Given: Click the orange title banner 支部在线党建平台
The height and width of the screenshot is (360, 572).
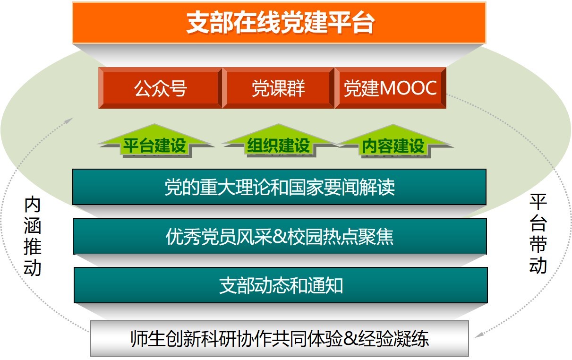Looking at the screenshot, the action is pos(279,23).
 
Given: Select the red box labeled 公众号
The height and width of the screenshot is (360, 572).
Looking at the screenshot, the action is pos(160,88).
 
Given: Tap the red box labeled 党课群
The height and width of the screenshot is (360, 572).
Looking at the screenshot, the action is pos(278,88).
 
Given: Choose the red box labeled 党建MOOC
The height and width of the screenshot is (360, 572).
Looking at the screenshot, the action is pos(390,88).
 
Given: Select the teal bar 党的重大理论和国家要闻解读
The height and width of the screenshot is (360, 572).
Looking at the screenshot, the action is pos(279,187).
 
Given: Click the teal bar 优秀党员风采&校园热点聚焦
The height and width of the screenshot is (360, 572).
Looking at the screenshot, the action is pos(280,236).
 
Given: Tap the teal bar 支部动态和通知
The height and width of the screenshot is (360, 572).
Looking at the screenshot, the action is pos(281,285).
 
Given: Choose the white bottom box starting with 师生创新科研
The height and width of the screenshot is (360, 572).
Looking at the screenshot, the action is pos(280,338).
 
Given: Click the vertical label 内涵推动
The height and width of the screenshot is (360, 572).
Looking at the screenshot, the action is pos(33,236).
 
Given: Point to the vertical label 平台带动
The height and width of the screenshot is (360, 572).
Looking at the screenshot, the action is pos(538,233).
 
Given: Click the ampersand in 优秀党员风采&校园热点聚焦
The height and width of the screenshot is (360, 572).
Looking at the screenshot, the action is pos(280,237).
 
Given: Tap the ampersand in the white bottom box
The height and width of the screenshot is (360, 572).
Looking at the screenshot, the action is pos(350,339).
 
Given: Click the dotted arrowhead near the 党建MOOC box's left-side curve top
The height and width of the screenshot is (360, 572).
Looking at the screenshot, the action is pos(69,120).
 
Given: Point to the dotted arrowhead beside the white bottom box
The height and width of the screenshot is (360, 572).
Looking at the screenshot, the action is pos(478,334).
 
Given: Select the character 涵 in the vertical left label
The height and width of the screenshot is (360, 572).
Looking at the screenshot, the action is pos(33,226).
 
